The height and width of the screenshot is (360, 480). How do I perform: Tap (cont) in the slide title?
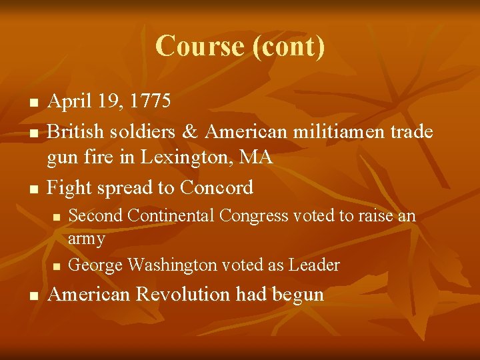coord(289,47)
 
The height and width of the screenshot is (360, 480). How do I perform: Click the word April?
coord(70,101)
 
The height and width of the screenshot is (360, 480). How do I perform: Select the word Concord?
coord(216,188)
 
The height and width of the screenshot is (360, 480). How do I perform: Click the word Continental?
coord(172,216)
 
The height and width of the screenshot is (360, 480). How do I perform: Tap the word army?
coord(87,238)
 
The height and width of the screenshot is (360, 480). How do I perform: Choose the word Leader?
coord(314,265)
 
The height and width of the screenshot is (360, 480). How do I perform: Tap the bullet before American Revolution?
coord(33,295)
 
